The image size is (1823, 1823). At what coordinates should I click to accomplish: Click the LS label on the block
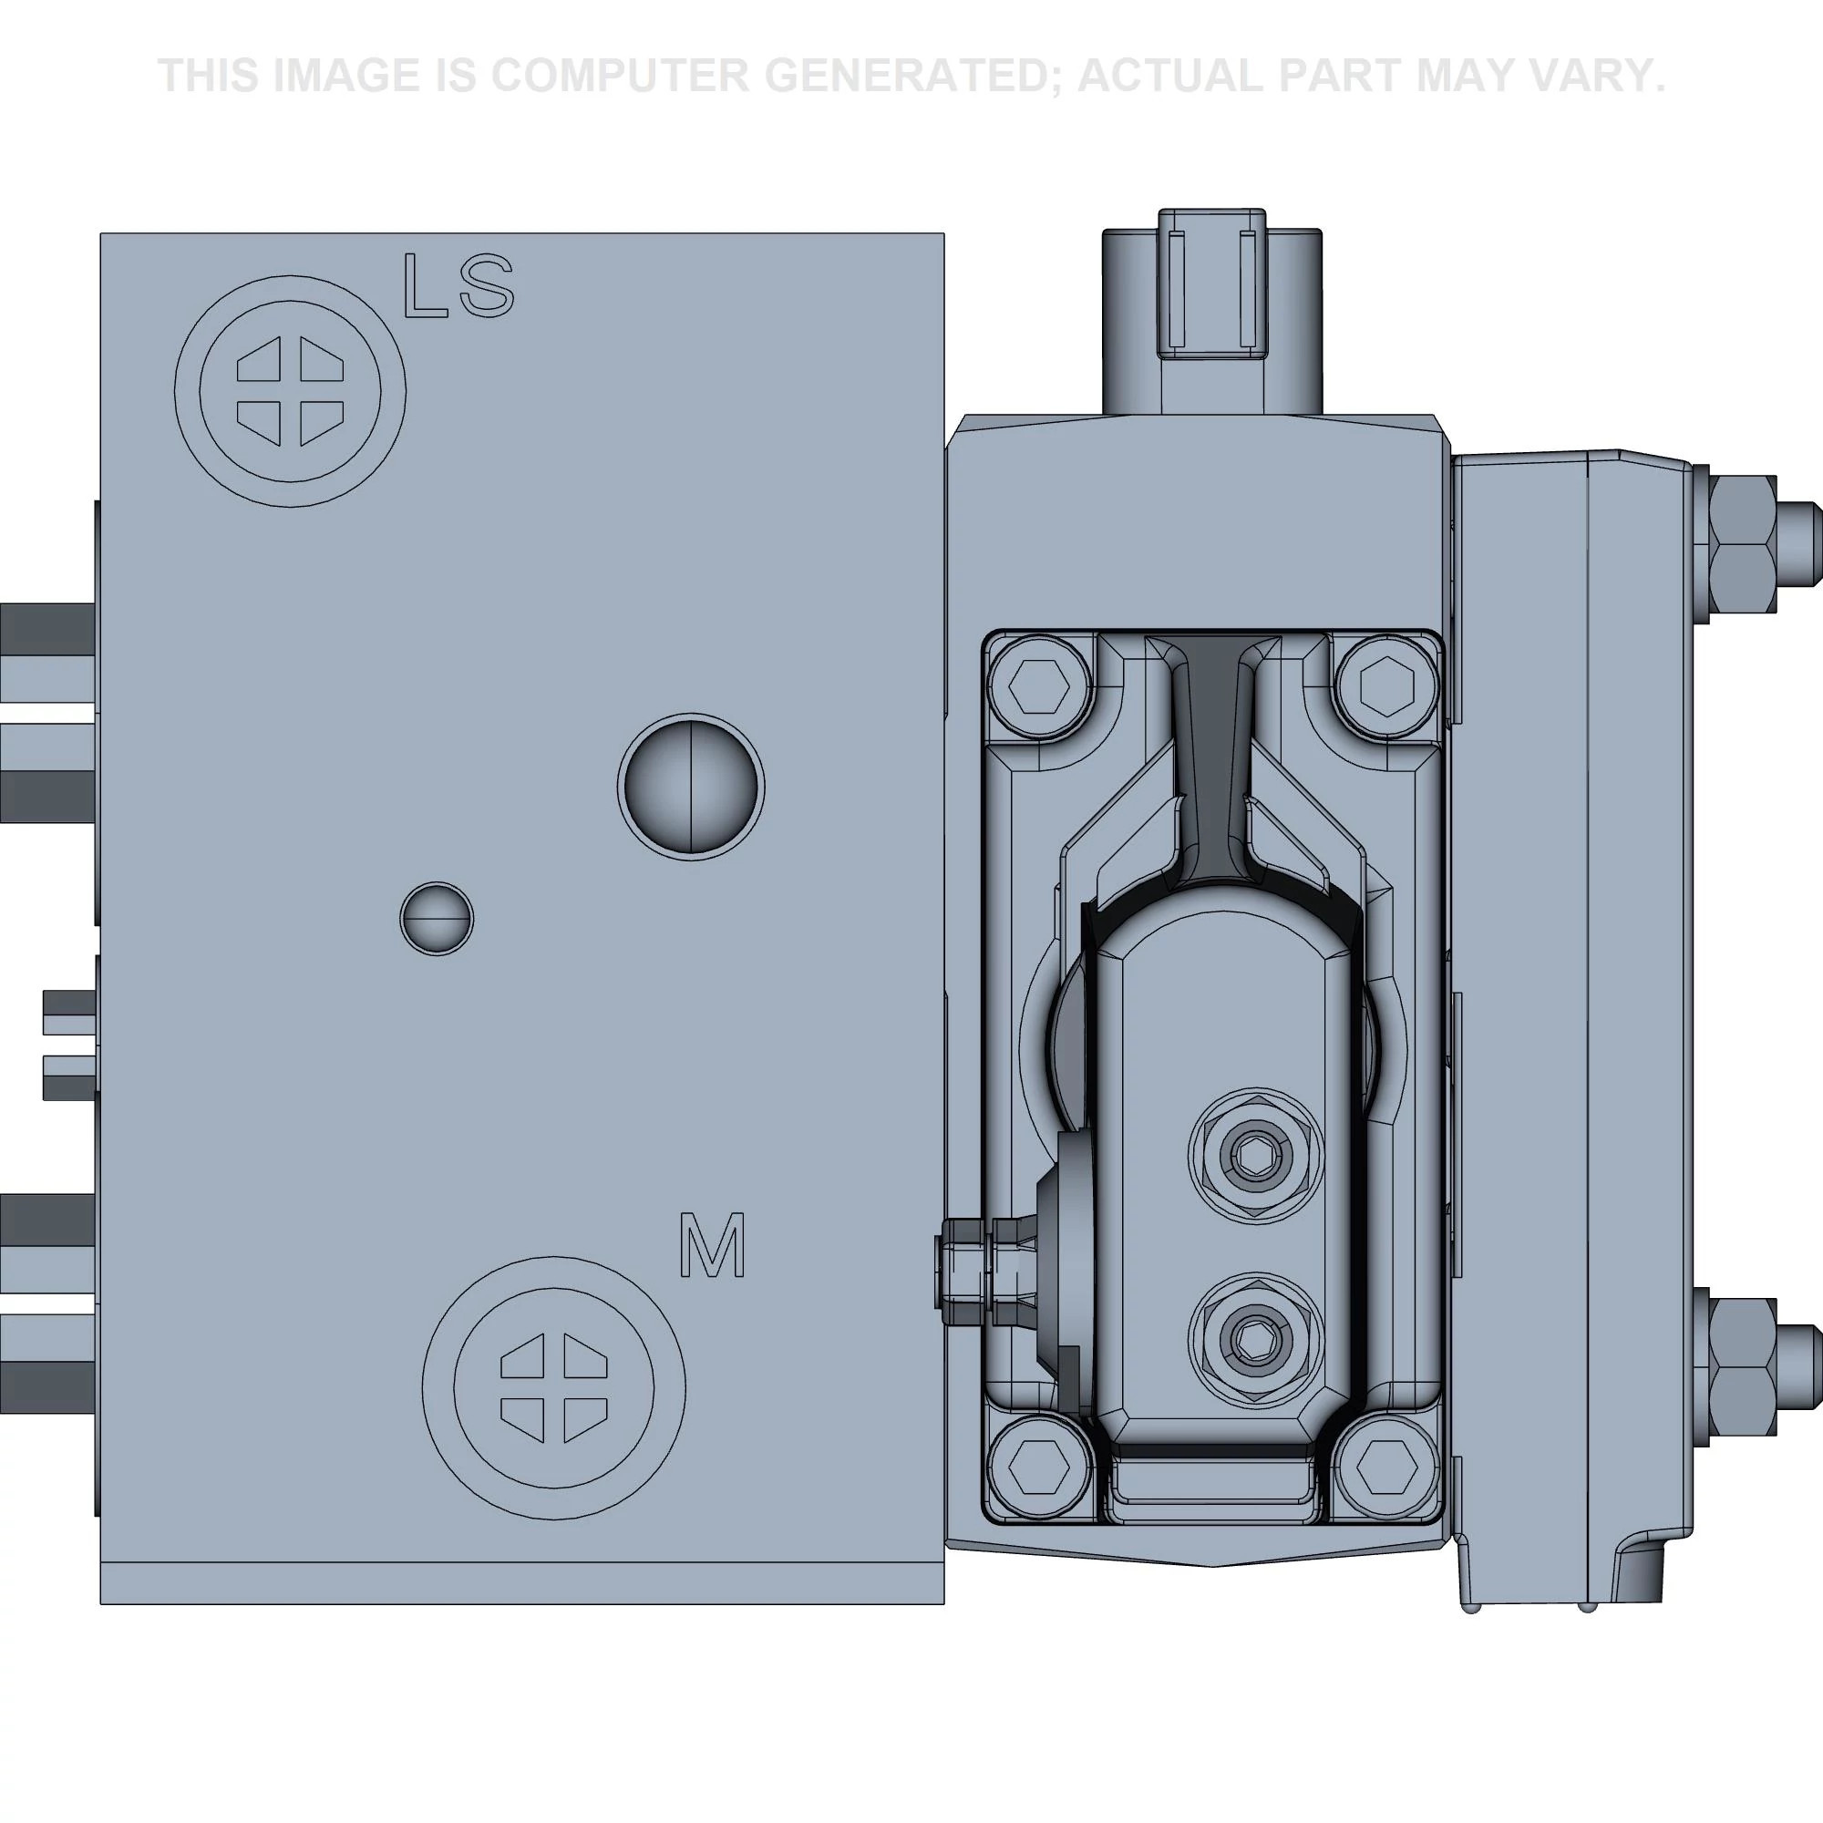[x=458, y=285]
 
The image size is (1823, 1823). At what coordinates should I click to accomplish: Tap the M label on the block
[x=713, y=1246]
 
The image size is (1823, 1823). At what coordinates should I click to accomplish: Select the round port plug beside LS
[x=290, y=391]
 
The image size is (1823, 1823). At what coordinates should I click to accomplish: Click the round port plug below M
[x=553, y=1388]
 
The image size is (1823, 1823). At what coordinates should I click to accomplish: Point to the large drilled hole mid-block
[x=691, y=787]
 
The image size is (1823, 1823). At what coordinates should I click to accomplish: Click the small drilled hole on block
[x=436, y=918]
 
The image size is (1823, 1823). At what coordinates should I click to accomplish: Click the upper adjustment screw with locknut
[x=1253, y=1153]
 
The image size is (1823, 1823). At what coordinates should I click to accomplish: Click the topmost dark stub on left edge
[x=47, y=624]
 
